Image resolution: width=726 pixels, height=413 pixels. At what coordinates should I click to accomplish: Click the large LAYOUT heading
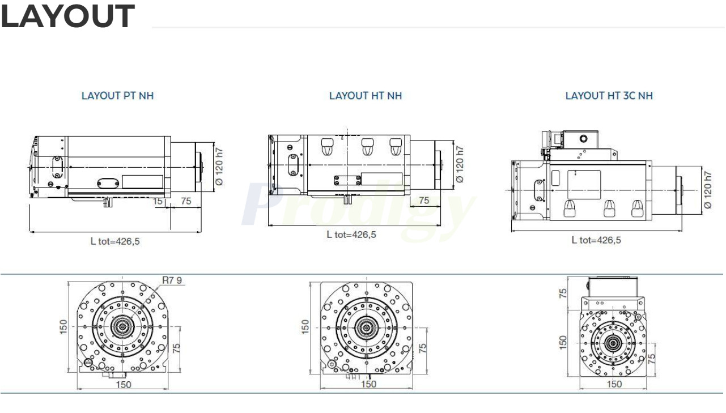coord(67,17)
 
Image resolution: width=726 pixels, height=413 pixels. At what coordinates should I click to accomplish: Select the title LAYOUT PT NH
coord(117,96)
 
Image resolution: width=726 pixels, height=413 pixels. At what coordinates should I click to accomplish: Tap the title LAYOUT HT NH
coord(366,96)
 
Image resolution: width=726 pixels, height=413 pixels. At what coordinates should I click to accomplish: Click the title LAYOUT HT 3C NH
coord(609,96)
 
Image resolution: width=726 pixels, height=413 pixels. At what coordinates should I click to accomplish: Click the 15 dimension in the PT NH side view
coord(158,201)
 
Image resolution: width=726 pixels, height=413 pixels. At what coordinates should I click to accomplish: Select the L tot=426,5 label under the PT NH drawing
coord(115,241)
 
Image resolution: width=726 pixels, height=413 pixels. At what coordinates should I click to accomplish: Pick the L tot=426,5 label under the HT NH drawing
coord(351,235)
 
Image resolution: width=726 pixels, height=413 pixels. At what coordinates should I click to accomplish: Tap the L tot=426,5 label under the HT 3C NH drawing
coord(596,240)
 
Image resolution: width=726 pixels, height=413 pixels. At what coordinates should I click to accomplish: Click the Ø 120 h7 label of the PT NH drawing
coord(219,165)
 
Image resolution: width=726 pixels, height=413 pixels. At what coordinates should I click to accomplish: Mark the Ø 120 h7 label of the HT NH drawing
coord(460,164)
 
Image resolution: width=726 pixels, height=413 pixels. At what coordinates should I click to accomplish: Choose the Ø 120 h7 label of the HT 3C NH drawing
coord(707,190)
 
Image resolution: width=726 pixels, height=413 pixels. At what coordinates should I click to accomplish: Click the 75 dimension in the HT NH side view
coord(423,201)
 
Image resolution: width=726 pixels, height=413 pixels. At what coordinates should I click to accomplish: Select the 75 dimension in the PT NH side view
coord(185,201)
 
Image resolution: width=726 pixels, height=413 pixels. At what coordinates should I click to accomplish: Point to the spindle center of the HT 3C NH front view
coord(613,342)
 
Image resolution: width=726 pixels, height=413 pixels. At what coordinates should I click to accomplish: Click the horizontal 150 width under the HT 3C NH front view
coord(614,384)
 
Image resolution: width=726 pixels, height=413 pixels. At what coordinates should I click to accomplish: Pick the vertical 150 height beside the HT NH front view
coord(305,327)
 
